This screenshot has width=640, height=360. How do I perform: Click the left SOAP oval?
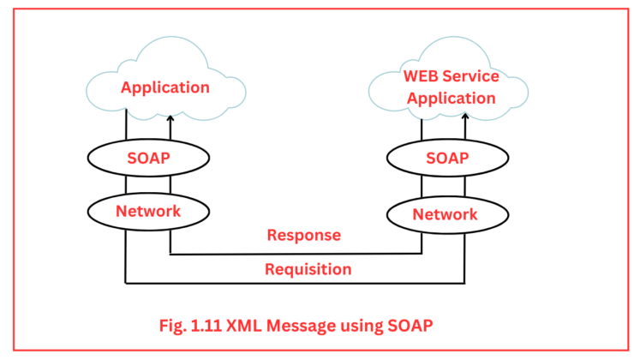[x=147, y=159]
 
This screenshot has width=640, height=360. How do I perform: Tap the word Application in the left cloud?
[x=164, y=87]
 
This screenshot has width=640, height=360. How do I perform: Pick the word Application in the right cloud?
[x=451, y=98]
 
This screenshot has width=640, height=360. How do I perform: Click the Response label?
[x=303, y=235]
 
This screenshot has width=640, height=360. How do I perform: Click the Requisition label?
[x=308, y=269]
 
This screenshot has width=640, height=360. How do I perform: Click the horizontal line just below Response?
[x=296, y=254]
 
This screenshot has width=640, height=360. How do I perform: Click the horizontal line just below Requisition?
[x=296, y=283]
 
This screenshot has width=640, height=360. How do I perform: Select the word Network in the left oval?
[x=147, y=209]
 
